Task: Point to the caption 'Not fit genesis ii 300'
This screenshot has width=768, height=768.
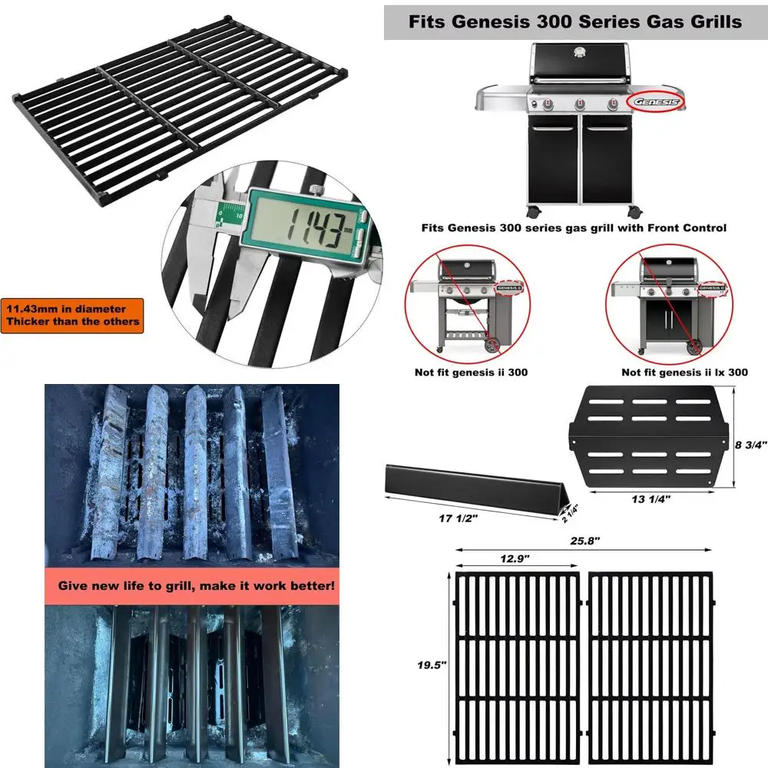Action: coord(471,372)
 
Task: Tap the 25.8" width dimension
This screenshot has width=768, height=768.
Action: coord(586,541)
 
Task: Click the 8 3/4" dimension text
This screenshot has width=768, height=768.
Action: coord(751,445)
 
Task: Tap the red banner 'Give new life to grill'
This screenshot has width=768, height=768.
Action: coord(197,585)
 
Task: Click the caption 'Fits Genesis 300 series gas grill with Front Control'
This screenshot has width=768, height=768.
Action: coord(574,227)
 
